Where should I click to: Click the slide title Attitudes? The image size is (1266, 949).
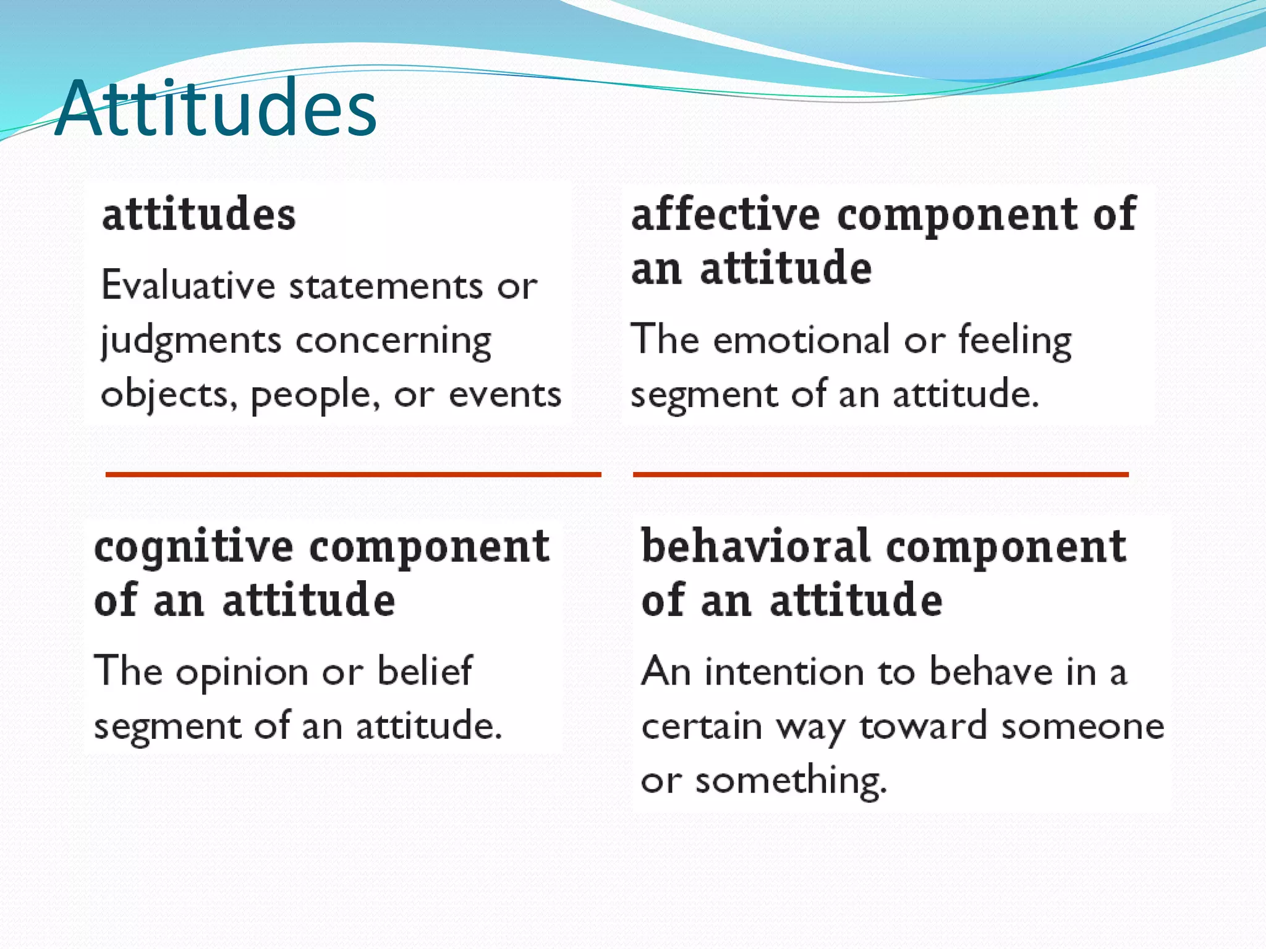(216, 108)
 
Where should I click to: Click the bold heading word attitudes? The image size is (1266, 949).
(199, 214)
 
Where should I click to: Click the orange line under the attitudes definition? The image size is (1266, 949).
(353, 474)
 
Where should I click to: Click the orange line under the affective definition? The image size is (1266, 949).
(880, 474)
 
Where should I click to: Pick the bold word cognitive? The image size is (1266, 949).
(193, 547)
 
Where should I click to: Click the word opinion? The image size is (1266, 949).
(242, 672)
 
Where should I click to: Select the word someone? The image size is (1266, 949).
(1082, 726)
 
